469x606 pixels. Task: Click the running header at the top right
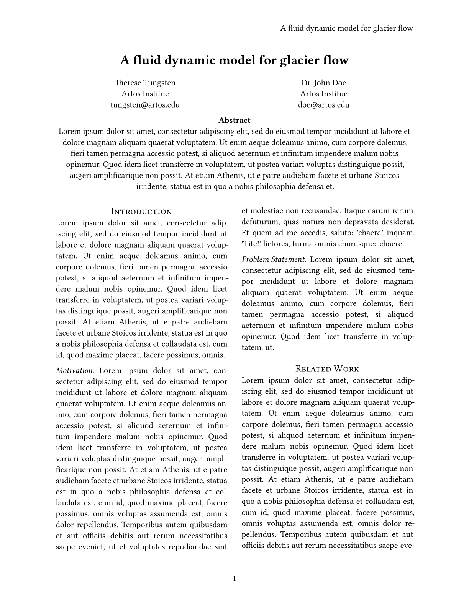(x=346, y=28)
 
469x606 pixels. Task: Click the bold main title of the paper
(x=234, y=60)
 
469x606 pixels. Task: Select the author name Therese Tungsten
(x=145, y=83)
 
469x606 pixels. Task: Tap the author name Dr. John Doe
(x=323, y=83)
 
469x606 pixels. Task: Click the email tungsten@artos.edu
(x=145, y=105)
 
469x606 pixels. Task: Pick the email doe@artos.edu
(x=323, y=105)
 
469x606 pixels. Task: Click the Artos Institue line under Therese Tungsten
(x=145, y=94)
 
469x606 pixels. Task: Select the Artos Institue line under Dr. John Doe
(x=323, y=94)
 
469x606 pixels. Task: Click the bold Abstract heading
(x=234, y=120)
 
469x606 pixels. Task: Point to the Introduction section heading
(x=141, y=212)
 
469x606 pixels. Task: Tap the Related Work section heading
(x=327, y=369)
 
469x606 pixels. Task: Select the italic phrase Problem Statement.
(x=274, y=259)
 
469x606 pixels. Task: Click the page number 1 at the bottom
(x=234, y=578)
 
